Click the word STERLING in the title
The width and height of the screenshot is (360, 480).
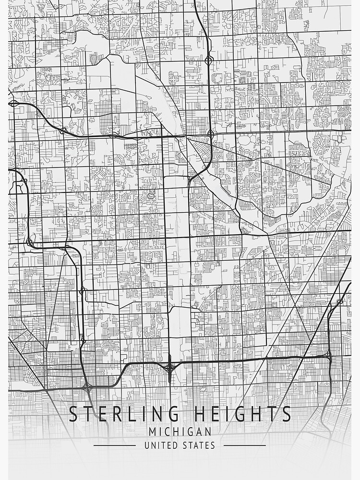(x=120, y=414)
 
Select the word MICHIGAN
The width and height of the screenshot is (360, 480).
(x=180, y=432)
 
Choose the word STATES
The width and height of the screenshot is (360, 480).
(x=198, y=445)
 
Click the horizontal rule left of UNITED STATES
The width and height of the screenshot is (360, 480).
(x=114, y=445)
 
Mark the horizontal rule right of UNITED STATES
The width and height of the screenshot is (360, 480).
(x=244, y=445)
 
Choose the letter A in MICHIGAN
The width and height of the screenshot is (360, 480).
(x=198, y=432)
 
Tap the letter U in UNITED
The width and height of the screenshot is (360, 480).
(x=147, y=445)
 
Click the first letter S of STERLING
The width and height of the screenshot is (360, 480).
(x=73, y=414)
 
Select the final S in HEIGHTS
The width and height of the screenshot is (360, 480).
(x=286, y=414)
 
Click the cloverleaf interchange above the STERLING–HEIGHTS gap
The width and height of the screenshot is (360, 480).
(x=169, y=368)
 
